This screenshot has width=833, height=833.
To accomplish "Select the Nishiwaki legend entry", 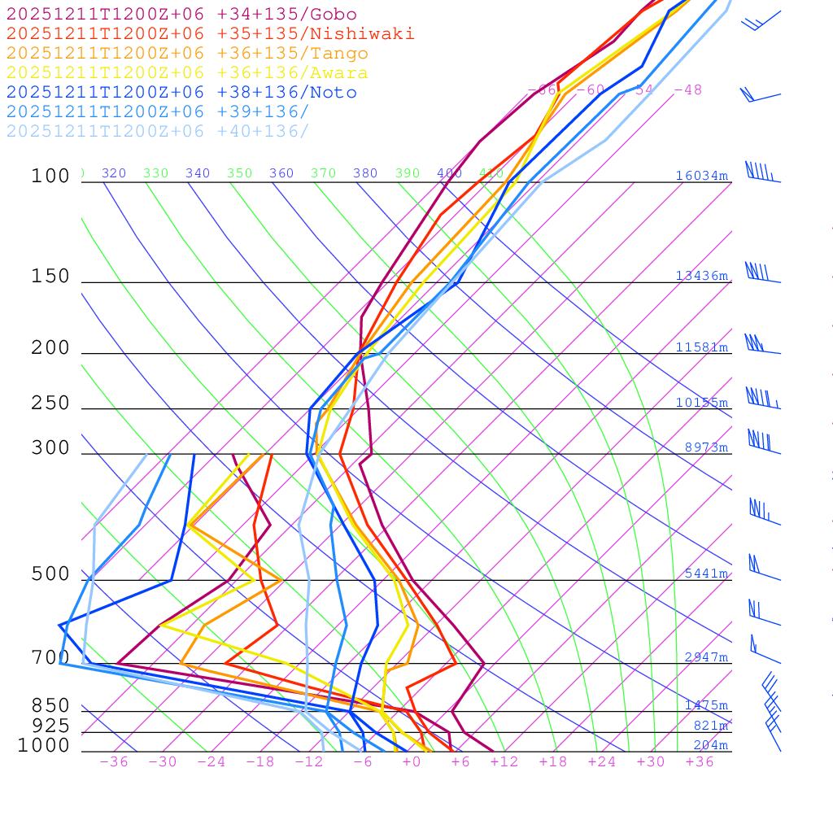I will coord(210,33).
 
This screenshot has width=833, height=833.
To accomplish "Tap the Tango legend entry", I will coord(187,54).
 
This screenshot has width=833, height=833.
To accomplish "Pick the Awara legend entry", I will coord(187,73).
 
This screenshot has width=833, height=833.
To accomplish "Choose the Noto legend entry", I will coord(181,93).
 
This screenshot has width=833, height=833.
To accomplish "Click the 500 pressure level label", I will coord(50,574).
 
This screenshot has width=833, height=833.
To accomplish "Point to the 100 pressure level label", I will coord(50,177).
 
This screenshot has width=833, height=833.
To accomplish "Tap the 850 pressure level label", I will coord(50,706).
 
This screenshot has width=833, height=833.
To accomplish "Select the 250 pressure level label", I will coord(50,403).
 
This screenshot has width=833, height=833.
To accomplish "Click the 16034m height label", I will coord(701,176).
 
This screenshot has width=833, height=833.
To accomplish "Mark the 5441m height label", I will coord(706,574).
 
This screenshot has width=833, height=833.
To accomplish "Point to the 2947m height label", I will coord(706,657).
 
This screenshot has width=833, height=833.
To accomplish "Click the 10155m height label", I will coord(701,403).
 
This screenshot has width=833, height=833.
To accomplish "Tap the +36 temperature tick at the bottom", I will coord(700,761).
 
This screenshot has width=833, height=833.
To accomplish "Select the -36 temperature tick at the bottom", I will coord(114,761).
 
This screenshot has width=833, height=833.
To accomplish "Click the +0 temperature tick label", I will coord(411,761).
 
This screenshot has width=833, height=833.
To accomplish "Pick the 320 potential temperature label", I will coord(114,173).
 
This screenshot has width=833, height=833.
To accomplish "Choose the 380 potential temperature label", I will coord(365,173).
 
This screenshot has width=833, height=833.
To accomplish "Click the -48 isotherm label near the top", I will coord(688,89).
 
